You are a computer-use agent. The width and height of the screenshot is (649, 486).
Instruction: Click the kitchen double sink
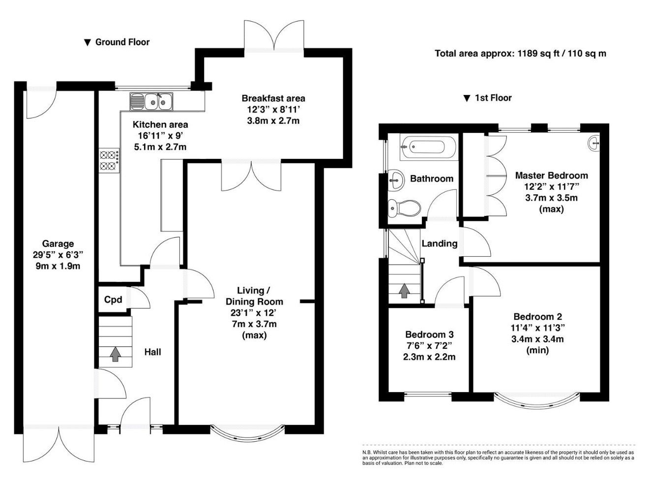point(151,102)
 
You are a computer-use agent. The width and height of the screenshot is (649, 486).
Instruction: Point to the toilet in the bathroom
point(404,208)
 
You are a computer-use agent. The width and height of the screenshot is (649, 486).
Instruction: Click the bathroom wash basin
point(396,179)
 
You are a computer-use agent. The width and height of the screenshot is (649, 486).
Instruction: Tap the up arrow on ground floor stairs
point(116,354)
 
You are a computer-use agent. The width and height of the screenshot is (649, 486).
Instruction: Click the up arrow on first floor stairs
point(404,291)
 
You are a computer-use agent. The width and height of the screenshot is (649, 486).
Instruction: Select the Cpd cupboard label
point(113,300)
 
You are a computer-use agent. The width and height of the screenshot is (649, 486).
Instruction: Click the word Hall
point(152,352)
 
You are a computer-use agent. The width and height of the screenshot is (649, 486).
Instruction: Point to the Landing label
point(440,243)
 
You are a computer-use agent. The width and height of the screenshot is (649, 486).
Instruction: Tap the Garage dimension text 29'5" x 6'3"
point(58,255)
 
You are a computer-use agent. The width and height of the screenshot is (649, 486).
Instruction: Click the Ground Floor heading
point(117,42)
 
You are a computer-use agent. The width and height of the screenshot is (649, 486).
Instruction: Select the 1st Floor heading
point(488,98)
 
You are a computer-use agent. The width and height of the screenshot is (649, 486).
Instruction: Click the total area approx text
point(520,54)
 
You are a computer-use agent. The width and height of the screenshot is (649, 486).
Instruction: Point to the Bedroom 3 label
point(429,334)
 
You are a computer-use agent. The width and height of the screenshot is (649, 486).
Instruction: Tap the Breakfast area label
point(273,98)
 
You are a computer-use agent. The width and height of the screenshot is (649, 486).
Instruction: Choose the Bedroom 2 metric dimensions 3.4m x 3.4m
point(537,339)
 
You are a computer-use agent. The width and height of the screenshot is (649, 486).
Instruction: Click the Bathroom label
point(432,179)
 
